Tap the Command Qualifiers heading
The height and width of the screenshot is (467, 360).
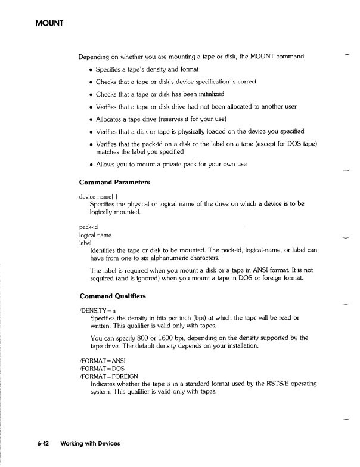click(x=112, y=296)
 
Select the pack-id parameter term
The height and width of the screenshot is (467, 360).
click(x=88, y=227)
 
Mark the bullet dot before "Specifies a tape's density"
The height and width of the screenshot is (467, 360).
click(x=91, y=69)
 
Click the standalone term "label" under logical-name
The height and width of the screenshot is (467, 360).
click(x=85, y=243)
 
